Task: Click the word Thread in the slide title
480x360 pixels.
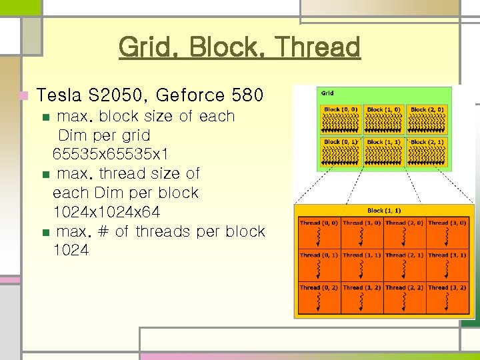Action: pyautogui.click(x=317, y=47)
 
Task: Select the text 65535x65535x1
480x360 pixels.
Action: pyautogui.click(x=111, y=154)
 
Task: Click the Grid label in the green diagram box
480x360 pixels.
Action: pyautogui.click(x=328, y=93)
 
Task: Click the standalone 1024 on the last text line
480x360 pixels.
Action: pyautogui.click(x=71, y=251)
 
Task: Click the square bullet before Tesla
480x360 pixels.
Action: pyautogui.click(x=25, y=96)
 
